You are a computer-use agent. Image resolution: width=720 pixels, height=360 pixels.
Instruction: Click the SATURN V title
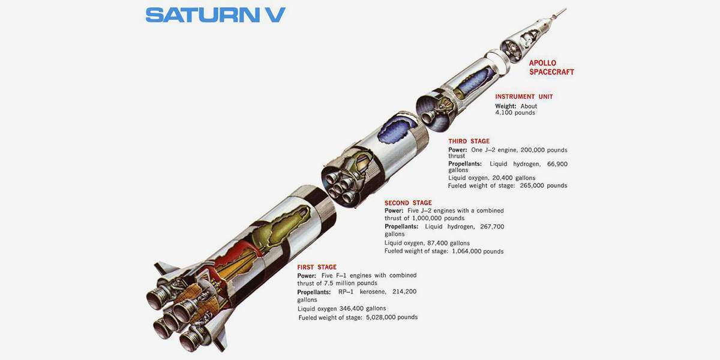click(215, 15)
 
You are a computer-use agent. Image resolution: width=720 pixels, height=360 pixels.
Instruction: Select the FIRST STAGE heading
click(317, 267)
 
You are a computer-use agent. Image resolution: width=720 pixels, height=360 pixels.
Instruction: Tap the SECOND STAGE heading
click(408, 203)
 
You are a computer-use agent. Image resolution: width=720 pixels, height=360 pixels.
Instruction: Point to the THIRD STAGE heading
click(469, 141)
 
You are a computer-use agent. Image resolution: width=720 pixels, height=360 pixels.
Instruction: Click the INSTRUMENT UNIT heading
click(524, 97)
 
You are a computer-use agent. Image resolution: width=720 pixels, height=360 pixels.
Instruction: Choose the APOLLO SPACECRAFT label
click(551, 67)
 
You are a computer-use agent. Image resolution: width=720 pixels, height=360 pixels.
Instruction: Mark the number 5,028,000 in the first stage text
click(377, 317)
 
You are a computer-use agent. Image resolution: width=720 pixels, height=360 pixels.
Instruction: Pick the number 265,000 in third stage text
click(530, 185)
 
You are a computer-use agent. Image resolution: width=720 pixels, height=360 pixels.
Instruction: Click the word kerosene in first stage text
click(372, 292)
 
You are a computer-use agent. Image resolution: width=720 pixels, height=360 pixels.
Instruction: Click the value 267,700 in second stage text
click(492, 227)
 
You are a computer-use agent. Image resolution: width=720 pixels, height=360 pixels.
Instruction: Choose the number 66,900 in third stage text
click(557, 164)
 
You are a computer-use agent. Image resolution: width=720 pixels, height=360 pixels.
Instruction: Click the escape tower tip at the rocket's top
click(565, 10)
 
